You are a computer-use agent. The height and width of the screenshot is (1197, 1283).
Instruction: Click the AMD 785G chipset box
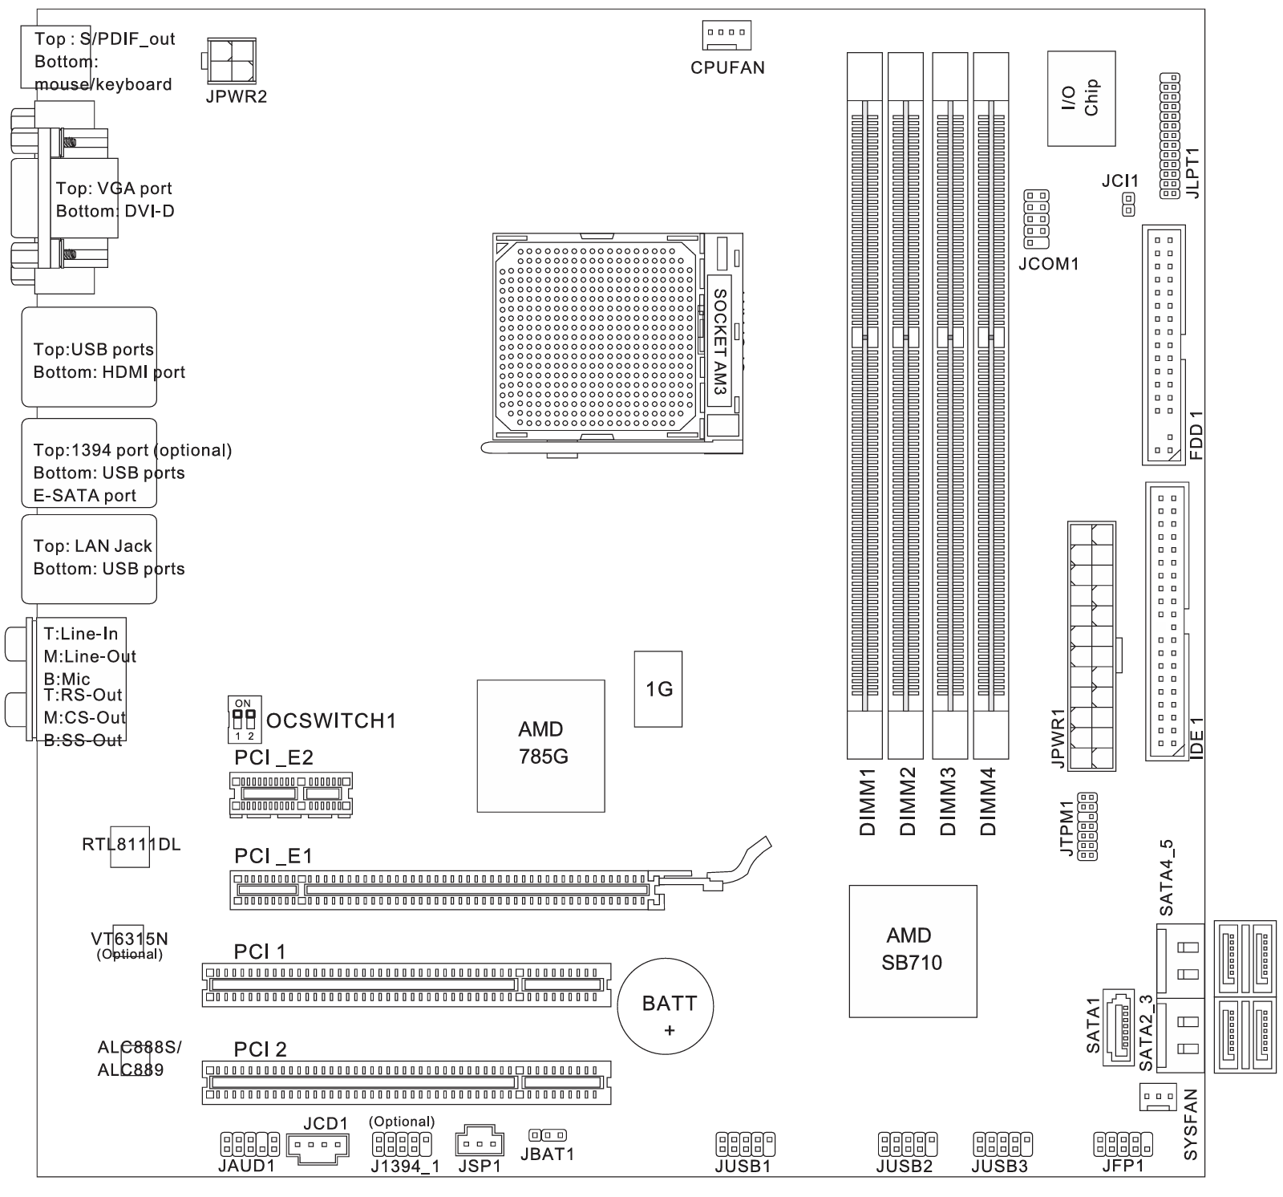540,745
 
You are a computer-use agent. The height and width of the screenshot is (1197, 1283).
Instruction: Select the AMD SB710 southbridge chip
913,951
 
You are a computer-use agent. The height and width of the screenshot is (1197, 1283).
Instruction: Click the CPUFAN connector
726,35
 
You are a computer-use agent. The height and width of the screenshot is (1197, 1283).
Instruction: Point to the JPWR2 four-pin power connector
232,59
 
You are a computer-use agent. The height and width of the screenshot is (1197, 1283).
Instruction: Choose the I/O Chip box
1081,98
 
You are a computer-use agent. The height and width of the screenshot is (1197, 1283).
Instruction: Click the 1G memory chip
658,688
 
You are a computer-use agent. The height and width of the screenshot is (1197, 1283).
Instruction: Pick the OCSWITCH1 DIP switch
243,719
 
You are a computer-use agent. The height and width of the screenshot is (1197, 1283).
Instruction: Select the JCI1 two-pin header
1128,204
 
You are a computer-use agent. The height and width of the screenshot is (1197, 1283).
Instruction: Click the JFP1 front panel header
1123,1142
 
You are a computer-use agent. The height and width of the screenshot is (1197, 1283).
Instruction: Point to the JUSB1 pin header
745,1142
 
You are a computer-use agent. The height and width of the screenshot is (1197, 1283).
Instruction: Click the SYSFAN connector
1157,1096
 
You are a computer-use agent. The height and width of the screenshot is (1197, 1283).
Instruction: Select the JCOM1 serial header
1036,219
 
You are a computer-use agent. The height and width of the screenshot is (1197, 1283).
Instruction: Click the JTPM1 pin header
1088,826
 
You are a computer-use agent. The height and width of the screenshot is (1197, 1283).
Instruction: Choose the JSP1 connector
479,1142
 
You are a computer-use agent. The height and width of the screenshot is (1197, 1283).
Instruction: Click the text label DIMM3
948,801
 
